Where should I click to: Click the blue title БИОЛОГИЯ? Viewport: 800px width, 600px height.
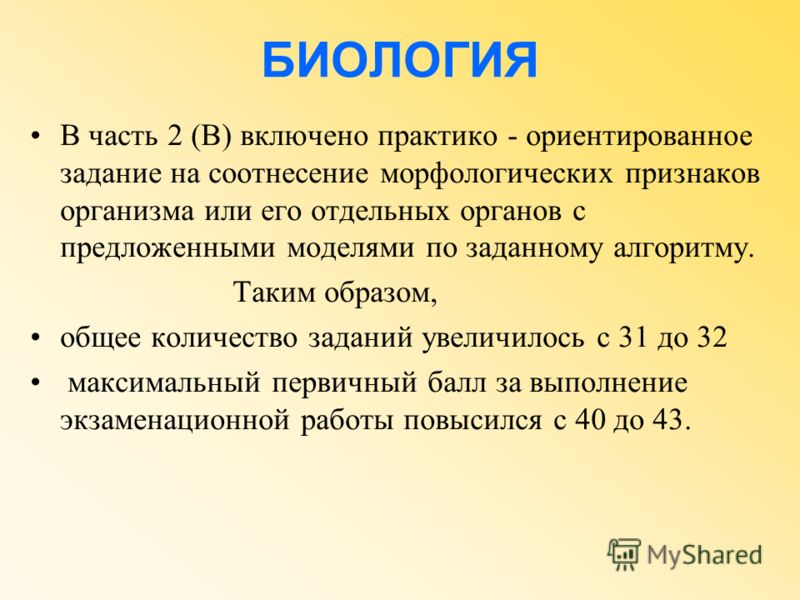click(x=399, y=59)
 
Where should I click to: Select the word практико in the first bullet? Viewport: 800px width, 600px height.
click(x=437, y=137)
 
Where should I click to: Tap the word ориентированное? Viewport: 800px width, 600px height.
click(x=639, y=137)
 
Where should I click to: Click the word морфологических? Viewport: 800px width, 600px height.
click(x=496, y=174)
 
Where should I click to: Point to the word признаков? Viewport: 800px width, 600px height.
click(x=693, y=174)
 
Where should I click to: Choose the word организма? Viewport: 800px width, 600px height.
click(x=127, y=212)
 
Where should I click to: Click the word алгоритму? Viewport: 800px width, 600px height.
click(x=683, y=249)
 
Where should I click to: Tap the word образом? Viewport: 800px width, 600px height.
click(x=381, y=292)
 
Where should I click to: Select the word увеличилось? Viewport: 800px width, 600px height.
click(x=503, y=338)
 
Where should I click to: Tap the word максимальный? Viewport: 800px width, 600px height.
click(x=164, y=383)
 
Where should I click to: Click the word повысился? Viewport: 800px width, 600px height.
click(x=472, y=420)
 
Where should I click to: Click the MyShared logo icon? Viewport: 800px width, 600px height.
click(x=623, y=554)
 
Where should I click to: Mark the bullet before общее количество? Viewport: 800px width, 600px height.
click(x=35, y=338)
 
